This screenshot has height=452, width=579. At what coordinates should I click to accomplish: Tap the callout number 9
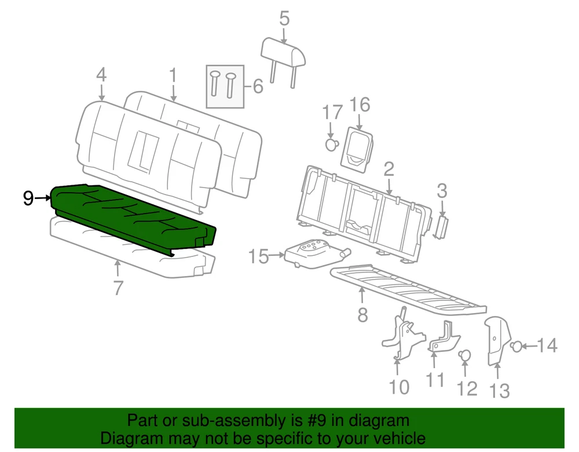[x=28, y=199]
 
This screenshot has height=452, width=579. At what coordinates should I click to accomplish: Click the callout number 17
[x=332, y=112]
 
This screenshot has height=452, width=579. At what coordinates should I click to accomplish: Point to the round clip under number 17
[x=332, y=144]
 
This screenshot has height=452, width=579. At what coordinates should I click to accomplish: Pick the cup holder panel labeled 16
[x=357, y=149]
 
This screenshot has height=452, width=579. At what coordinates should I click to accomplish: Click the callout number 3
[x=442, y=191]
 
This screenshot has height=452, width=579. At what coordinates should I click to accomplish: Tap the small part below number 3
[x=441, y=227]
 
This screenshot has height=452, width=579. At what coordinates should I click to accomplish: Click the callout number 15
[x=258, y=256]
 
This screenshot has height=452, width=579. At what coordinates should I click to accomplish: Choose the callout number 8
[x=362, y=315]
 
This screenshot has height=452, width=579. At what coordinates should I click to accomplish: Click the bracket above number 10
[x=402, y=333]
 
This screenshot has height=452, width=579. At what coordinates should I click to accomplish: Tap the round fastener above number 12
[x=464, y=355]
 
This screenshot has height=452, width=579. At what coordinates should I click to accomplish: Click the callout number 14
[x=547, y=346]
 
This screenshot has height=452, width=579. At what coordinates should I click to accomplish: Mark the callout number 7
[x=118, y=288]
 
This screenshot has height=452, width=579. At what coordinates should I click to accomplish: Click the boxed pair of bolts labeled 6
[x=225, y=87]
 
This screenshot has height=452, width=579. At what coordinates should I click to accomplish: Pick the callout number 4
[x=101, y=75]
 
